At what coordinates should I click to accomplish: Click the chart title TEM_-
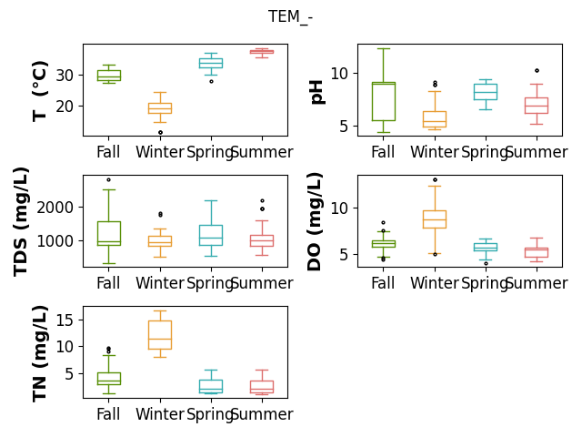290,16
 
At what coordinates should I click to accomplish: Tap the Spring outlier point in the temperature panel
211,81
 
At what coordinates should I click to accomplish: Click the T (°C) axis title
40,91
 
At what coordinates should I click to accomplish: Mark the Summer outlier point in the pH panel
537,71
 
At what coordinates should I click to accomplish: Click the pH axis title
316,92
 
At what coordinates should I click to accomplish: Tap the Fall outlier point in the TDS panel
109,180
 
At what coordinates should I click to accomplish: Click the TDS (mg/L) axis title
21,222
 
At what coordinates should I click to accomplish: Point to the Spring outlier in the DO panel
486,263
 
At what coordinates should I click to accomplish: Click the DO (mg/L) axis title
315,222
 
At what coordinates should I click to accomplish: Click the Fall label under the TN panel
108,414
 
